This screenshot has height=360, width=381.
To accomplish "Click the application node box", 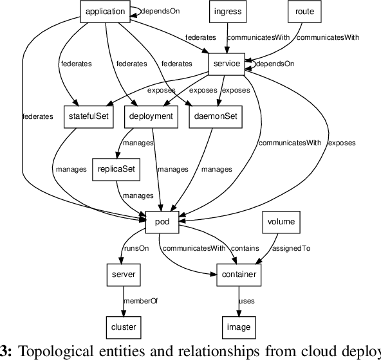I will coord(105,11).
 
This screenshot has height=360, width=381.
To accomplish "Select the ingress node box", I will coord(228,11).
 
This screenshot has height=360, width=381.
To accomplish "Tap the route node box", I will coord(304,11).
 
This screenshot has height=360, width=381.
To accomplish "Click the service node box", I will coord(225,64).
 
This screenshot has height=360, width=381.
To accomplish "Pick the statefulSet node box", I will coord(88,116).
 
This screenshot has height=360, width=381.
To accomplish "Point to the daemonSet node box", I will coord(212,116).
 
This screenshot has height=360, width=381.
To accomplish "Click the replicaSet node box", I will coord(116,169).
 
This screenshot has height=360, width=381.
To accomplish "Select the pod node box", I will coord(162,222).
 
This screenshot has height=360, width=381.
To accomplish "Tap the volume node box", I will coord(281,222).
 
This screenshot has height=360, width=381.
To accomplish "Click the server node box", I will coord(123,274).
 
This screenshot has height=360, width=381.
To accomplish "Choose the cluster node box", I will coord(123,327).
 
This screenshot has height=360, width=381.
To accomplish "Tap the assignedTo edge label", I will coord(292,248).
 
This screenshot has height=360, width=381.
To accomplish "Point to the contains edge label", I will coord(245,248).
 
